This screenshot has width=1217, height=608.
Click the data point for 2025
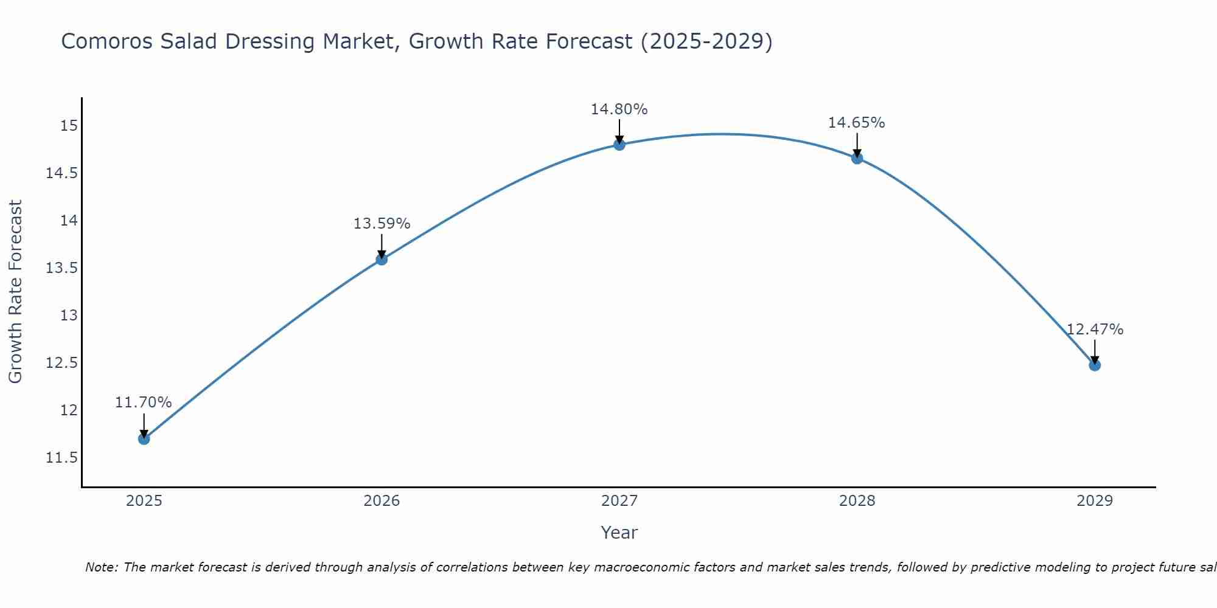[x=144, y=438]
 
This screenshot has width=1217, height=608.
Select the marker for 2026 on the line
[x=382, y=259]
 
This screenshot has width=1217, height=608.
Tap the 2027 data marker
[x=619, y=144]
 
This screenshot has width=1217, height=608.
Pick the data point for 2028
[x=857, y=158]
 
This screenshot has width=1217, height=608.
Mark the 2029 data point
[x=1095, y=365]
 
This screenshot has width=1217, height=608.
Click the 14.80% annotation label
[x=619, y=109]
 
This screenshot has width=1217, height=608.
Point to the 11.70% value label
[x=144, y=402]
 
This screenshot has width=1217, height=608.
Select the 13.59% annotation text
[x=382, y=224]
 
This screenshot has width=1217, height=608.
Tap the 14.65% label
[x=856, y=123]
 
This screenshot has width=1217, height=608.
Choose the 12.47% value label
[x=1095, y=330]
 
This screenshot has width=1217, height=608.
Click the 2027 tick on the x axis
[x=619, y=501]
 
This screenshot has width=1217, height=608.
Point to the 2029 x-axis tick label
[x=1095, y=501]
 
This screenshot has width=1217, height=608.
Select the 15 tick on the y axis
[x=69, y=126]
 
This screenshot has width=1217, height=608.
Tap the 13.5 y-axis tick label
[x=62, y=268]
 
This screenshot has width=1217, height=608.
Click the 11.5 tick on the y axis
[x=62, y=458]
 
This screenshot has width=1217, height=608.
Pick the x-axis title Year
[x=619, y=533]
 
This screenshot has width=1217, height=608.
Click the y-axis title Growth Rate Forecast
[x=15, y=291]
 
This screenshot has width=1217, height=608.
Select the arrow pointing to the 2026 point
[x=382, y=245]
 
